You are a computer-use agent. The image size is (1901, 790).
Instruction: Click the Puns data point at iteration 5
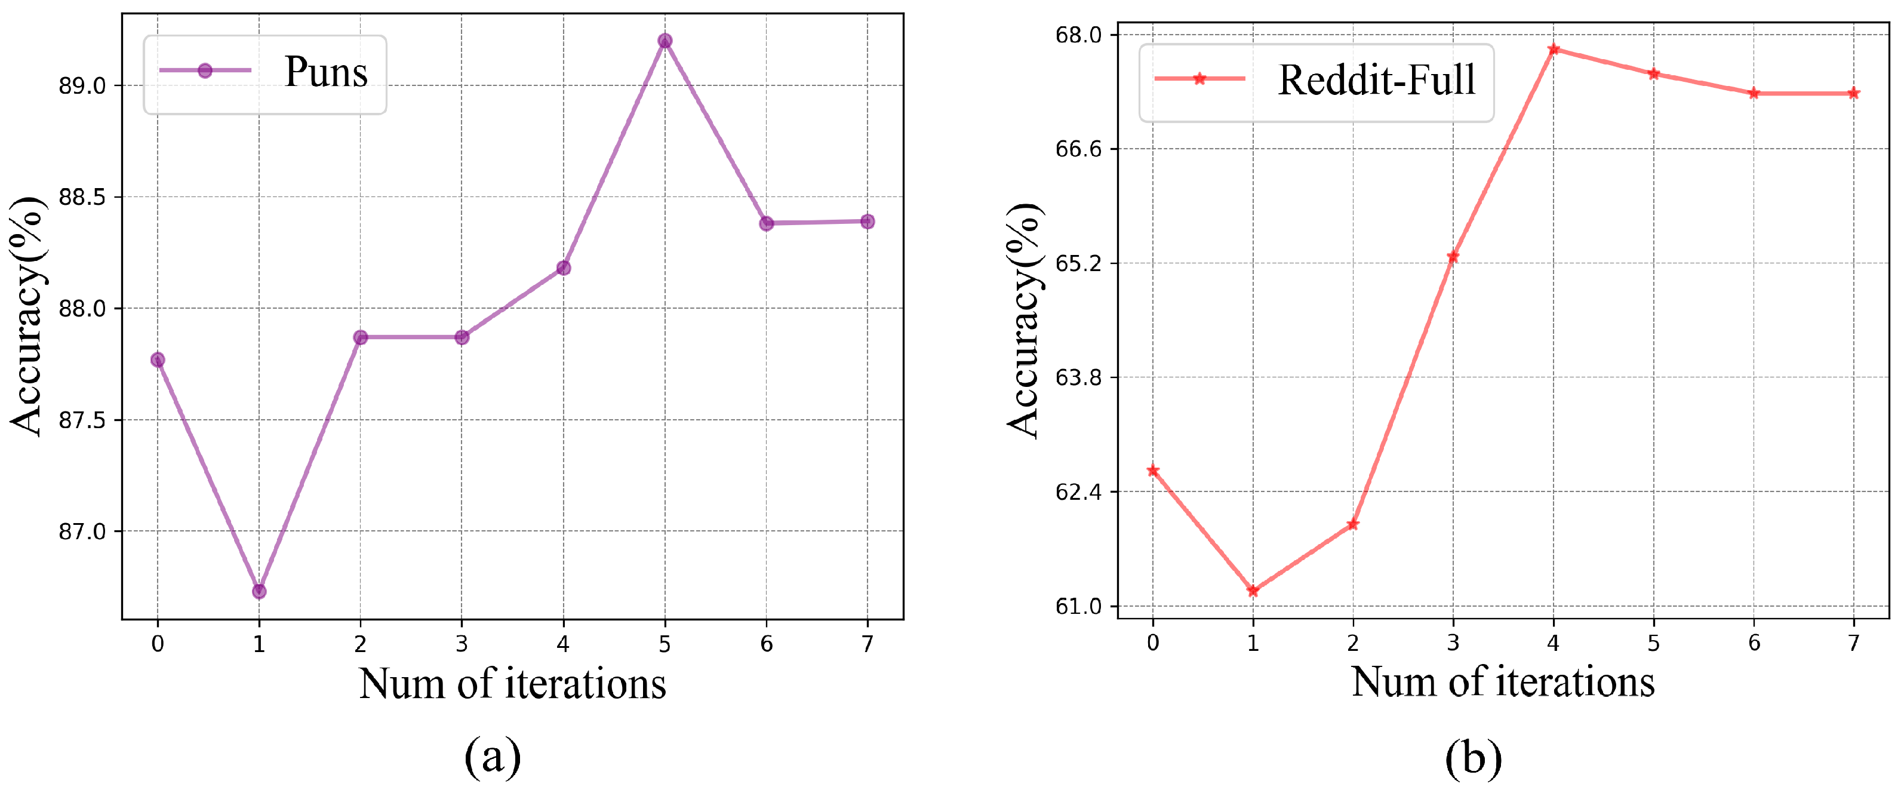665,41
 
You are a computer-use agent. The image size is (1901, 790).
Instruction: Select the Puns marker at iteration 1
259,591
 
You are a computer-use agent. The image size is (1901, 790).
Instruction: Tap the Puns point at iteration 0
157,359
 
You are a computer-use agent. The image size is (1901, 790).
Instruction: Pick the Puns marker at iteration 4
563,268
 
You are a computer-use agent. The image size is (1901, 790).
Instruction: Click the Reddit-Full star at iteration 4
1554,49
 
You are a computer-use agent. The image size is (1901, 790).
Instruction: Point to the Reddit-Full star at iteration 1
1253,590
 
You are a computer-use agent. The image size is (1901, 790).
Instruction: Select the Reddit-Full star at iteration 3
1453,256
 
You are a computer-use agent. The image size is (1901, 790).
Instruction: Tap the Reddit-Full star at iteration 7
1854,93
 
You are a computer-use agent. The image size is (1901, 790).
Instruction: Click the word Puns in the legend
325,72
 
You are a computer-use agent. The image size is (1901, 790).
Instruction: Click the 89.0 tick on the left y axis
82,85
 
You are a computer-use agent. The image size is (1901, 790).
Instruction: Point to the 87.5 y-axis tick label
82,420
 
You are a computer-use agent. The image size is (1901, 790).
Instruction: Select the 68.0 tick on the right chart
1078,35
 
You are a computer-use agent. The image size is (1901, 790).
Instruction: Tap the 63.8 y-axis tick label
1078,377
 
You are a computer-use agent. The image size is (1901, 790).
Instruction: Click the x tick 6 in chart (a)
766,644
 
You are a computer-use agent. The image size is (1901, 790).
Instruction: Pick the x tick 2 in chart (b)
1353,643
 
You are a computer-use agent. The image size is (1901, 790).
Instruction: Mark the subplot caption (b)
1473,758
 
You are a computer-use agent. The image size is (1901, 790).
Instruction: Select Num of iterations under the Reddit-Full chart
1503,681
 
